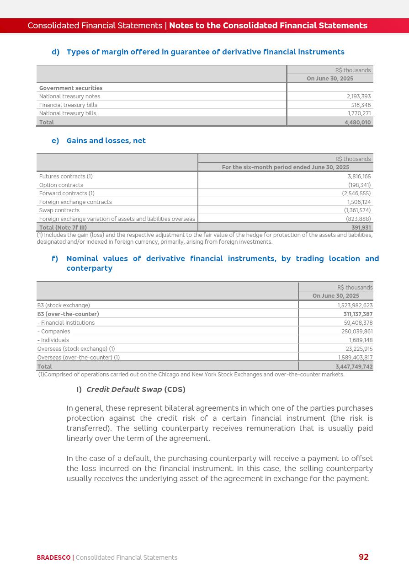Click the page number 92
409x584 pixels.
point(363,557)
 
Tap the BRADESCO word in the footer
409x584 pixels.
point(53,557)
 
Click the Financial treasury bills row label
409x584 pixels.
point(68,105)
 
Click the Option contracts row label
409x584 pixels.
point(61,185)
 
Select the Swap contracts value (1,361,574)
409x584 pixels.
point(357,210)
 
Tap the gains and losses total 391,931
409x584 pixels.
point(361,227)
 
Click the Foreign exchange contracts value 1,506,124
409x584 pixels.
point(359,202)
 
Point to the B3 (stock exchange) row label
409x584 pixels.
point(64,305)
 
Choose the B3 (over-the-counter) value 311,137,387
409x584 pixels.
point(358,314)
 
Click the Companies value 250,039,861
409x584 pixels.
point(357,332)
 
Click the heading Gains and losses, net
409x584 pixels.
point(106,141)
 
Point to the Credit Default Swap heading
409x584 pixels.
point(136,390)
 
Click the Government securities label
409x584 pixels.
point(71,88)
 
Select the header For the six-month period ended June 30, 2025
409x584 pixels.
point(285,167)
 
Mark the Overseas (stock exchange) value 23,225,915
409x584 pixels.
point(359,349)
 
